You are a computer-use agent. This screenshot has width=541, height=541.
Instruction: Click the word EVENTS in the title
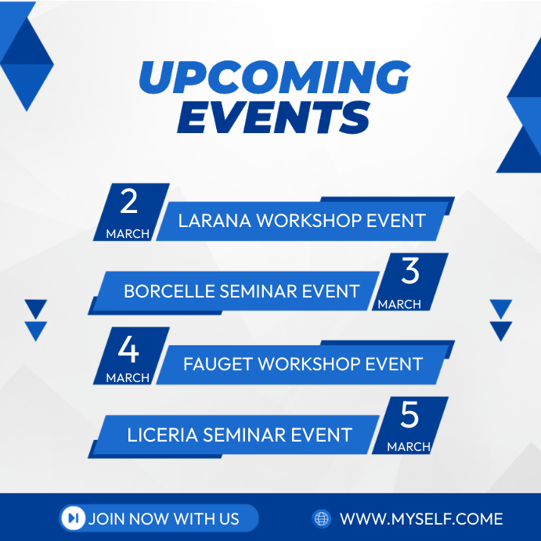click(273, 117)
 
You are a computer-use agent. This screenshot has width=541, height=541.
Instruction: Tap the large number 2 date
click(128, 203)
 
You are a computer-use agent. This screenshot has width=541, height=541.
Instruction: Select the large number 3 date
click(409, 272)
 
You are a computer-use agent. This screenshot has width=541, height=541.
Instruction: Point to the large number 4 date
click(128, 350)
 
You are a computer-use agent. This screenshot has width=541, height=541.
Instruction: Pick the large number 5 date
click(409, 417)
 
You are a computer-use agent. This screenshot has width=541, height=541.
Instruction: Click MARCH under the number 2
click(128, 234)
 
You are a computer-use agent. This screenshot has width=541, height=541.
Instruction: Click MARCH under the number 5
click(409, 447)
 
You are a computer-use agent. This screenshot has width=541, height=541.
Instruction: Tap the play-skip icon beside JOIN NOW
click(73, 518)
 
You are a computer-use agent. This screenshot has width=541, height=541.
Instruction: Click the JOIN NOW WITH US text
click(164, 518)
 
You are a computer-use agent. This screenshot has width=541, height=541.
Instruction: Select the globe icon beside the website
click(321, 518)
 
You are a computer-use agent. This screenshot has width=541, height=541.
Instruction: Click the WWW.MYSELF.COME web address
click(420, 518)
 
